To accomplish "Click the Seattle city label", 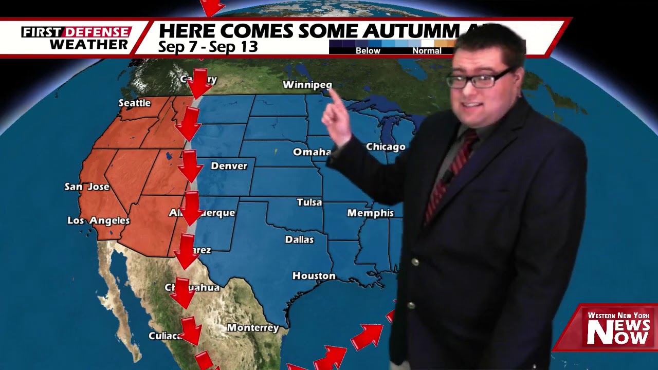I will (x=135, y=103).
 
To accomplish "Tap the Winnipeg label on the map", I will (x=307, y=85).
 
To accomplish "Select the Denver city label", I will (x=229, y=166).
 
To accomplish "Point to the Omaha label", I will (x=312, y=152).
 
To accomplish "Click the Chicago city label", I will (x=386, y=147).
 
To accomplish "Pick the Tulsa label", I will (x=309, y=202).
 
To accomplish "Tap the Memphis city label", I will (x=370, y=213).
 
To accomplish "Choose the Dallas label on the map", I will (x=299, y=239).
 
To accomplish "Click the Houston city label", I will (x=314, y=276).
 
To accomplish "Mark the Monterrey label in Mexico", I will (x=253, y=327).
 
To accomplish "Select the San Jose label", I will (x=87, y=187).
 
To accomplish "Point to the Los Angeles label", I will (x=99, y=220).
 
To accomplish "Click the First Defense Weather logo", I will (x=76, y=38).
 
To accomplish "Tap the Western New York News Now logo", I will (x=618, y=329).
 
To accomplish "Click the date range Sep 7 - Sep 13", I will (x=208, y=47).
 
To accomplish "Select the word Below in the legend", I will (x=368, y=51).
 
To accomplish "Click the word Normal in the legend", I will (x=427, y=51).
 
